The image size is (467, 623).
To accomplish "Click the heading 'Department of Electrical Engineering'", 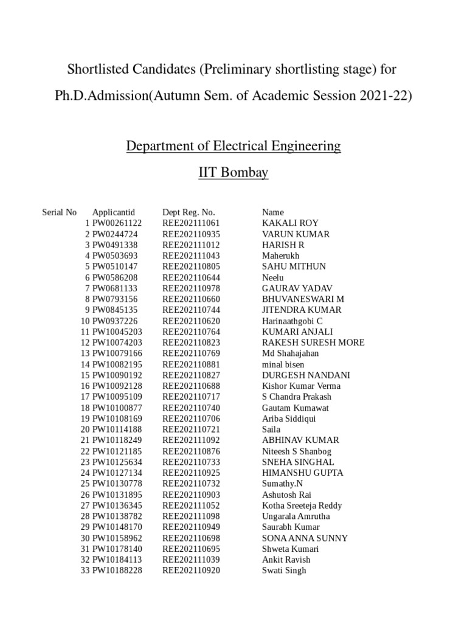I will [x=233, y=147].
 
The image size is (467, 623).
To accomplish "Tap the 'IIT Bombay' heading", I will [x=233, y=173].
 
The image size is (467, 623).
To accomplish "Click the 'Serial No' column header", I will [x=59, y=212].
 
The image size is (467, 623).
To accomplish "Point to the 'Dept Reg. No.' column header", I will [x=189, y=212].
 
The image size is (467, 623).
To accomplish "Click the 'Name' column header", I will [x=272, y=212].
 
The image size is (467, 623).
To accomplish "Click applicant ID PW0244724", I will [x=115, y=234].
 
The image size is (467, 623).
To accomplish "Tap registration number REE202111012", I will [x=191, y=245].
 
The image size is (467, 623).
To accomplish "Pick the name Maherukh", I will [x=280, y=256].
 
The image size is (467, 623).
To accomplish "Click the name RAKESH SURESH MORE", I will [x=313, y=343].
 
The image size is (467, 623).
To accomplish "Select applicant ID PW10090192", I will [x=117, y=375].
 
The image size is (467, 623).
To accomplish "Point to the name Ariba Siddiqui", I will [x=289, y=419].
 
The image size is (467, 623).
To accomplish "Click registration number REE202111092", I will [x=191, y=440].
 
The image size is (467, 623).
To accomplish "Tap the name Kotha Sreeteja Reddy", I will [x=302, y=506].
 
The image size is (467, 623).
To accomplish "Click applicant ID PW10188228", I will [x=117, y=571].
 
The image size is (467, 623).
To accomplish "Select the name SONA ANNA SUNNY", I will [x=305, y=538].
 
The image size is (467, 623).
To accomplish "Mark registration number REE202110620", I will [x=191, y=321].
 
